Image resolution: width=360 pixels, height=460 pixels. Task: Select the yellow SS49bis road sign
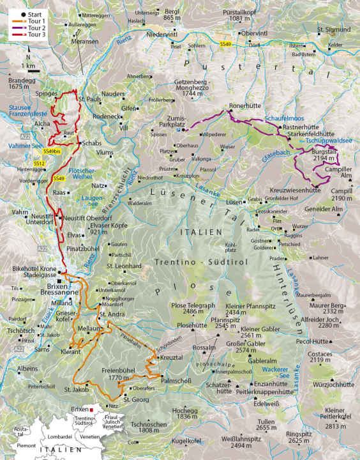tap(52, 151)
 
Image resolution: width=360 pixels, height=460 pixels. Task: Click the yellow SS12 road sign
tap(39, 164)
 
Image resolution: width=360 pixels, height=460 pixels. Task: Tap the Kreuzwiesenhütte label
tap(295, 190)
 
